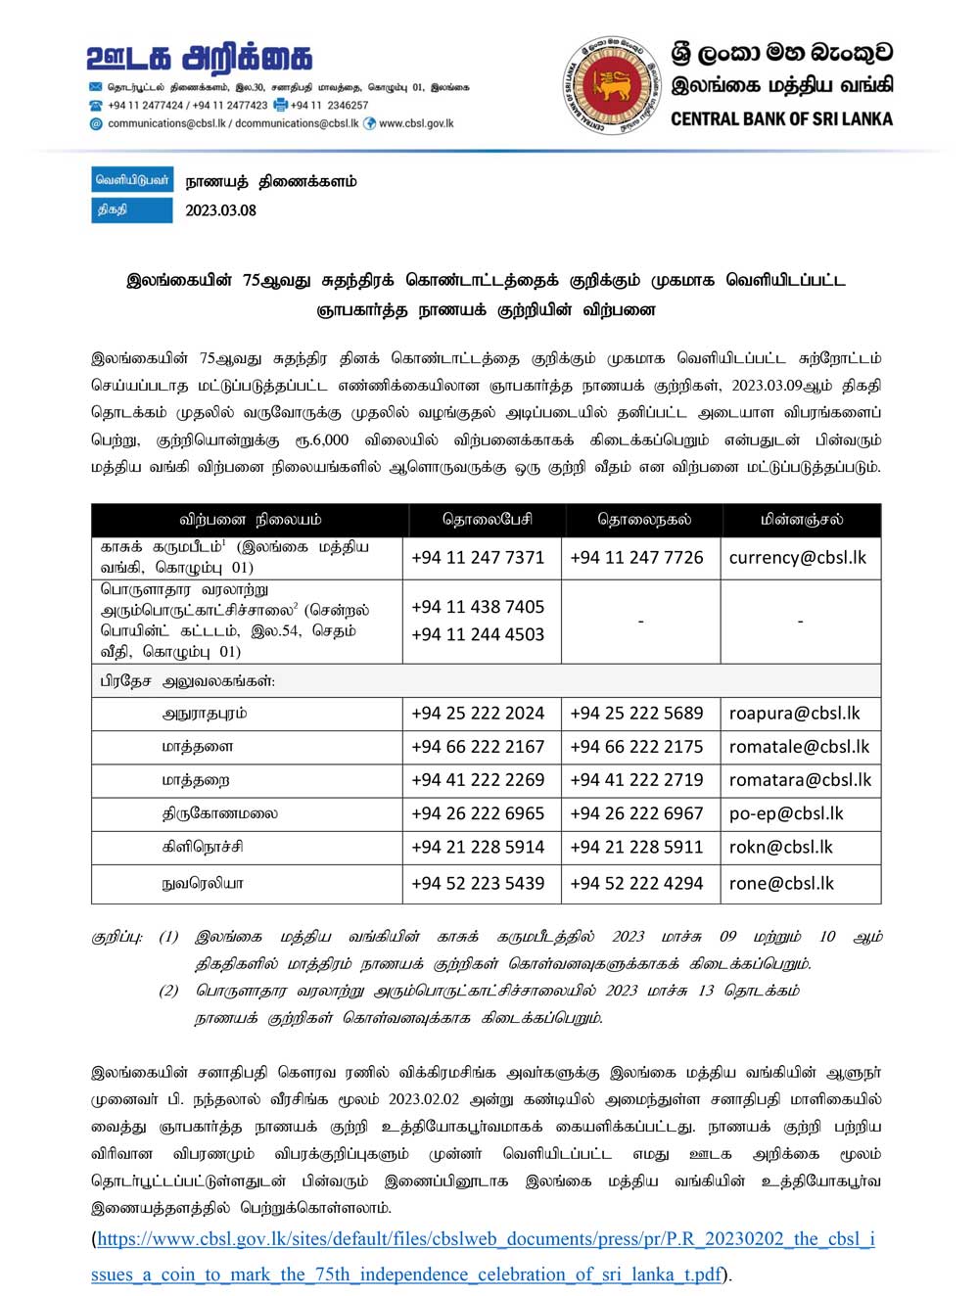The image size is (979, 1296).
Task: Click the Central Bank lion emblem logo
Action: coord(613,86)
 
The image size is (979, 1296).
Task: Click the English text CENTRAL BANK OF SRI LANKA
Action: coord(781,118)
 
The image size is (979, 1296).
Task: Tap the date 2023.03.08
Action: coord(220,209)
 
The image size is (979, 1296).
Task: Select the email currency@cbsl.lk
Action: coord(797,557)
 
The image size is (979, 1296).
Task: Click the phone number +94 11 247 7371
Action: coord(478,557)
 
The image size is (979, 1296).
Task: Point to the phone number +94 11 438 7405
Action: coord(478,607)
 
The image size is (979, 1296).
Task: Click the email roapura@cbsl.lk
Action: coord(794,713)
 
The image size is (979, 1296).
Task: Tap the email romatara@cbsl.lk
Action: coord(800,780)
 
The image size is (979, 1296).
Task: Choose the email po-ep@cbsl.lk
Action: coord(785,813)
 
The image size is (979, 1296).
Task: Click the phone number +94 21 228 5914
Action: coord(478,847)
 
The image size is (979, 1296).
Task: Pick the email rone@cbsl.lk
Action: coord(781,883)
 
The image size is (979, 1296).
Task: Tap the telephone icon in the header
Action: coord(96,105)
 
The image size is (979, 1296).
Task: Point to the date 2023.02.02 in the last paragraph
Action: coord(423,1098)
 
